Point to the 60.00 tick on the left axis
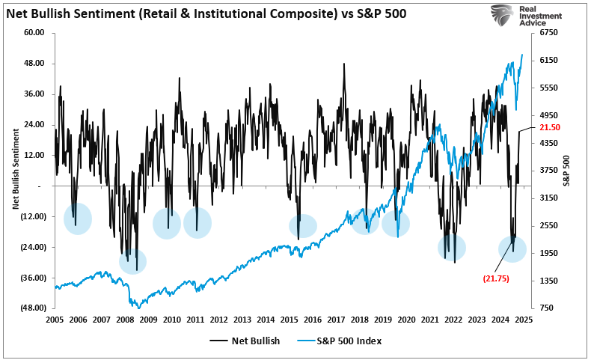click(35, 33)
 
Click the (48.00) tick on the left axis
click(33, 308)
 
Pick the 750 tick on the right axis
click(546, 308)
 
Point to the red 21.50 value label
click(550, 128)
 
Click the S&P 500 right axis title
click(566, 171)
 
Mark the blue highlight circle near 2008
click(132, 261)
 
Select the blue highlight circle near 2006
click(78, 219)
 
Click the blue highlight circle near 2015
click(302, 226)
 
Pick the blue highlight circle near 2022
click(452, 247)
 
